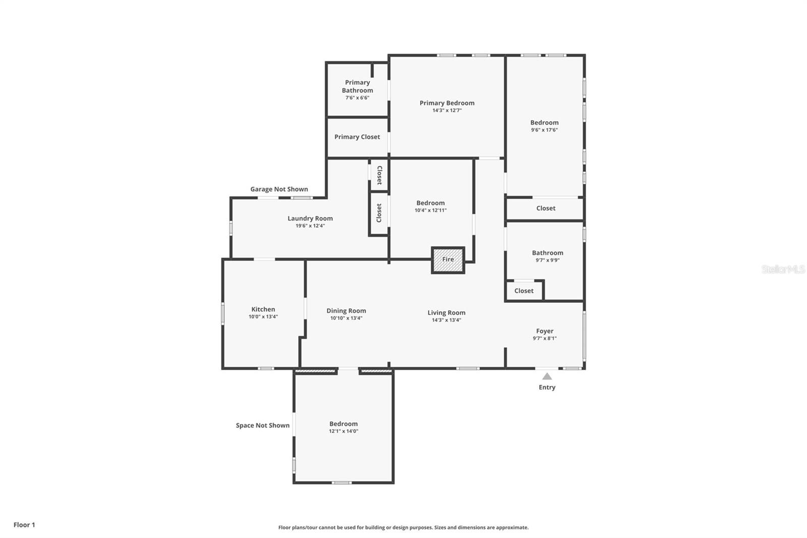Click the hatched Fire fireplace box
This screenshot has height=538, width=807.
tap(448, 260)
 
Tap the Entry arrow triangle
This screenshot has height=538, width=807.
tap(547, 376)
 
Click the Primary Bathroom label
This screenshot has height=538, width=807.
tap(358, 86)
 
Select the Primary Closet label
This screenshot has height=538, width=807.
tap(357, 137)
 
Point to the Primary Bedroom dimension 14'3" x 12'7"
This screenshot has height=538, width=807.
tap(447, 111)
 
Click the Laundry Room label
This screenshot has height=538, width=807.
tap(310, 219)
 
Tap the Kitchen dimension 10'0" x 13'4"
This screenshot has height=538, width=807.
tap(263, 317)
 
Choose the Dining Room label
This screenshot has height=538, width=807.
tap(346, 311)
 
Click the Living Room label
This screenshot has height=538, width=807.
tap(446, 312)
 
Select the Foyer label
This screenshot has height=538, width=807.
tap(545, 331)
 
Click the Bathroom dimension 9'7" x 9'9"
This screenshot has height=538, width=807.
tap(547, 260)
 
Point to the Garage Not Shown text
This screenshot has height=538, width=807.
tap(279, 189)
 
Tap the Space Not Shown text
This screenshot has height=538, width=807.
tap(263, 425)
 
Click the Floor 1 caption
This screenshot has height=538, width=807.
tap(24, 525)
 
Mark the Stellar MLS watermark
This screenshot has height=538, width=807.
tap(783, 270)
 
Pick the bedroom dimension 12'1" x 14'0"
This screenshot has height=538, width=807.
tap(343, 432)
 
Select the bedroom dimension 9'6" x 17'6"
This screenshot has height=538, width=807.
tap(544, 130)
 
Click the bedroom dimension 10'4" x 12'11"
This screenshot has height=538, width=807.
tap(430, 210)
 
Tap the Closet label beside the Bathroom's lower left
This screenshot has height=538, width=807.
tap(524, 291)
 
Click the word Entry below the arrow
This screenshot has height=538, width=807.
tap(547, 388)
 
